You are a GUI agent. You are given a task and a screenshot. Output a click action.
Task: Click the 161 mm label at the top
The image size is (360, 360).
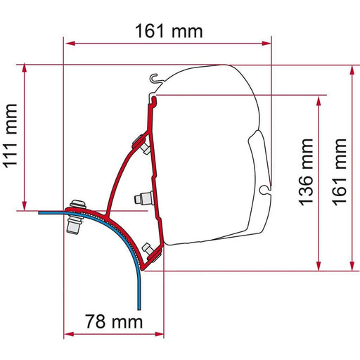167,30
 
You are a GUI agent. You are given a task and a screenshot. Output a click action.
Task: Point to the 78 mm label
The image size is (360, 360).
113,323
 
